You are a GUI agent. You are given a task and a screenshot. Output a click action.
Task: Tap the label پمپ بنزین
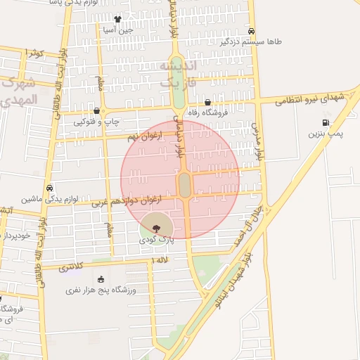coord(324,134)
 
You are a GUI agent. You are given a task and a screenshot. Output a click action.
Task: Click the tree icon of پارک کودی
coord(155,228)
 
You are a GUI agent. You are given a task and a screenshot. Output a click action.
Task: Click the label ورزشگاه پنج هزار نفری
coord(101,290)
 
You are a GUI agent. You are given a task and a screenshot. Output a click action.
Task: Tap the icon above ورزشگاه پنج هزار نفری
coord(101,279)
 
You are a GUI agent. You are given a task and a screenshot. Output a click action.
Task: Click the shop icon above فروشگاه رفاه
coord(207,102)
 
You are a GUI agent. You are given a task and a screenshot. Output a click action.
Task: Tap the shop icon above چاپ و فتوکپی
coord(104,111)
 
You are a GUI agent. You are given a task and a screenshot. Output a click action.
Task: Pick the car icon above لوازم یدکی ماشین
coord(49,188)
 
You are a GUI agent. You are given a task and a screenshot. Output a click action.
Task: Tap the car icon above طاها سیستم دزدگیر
coord(252,31)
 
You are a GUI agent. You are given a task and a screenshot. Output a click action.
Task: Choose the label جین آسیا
coord(117,30)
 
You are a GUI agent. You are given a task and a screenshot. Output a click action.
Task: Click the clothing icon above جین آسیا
coord(117,20)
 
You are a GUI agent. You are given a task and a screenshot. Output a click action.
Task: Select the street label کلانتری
coord(70,267)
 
